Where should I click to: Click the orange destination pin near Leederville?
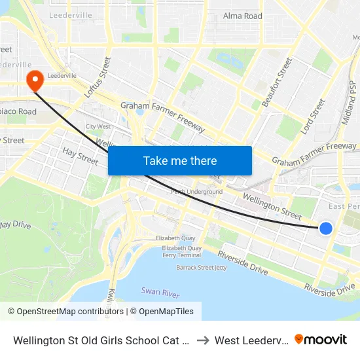tap(33, 81)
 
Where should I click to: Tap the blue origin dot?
tap(326, 228)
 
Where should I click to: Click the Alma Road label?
tap(242, 16)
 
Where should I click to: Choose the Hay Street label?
tap(80, 156)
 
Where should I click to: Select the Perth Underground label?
tap(196, 192)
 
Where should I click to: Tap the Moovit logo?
tap(321, 340)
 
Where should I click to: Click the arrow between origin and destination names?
tap(202, 340)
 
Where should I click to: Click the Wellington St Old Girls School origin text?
tap(101, 340)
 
